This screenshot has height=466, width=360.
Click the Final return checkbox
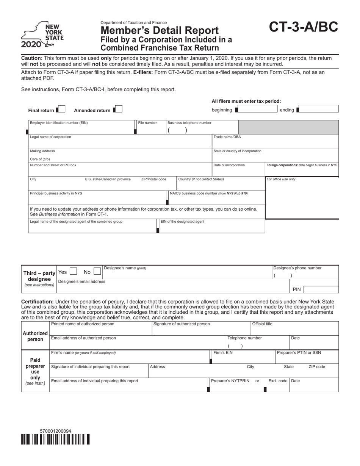pyautogui.click(x=62, y=109)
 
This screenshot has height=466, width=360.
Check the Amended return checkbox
pyautogui.click(x=118, y=109)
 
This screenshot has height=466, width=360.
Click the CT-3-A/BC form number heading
pyautogui.click(x=303, y=28)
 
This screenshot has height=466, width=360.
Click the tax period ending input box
pyautogui.click(x=319, y=109)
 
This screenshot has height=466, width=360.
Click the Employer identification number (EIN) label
pyautogui.click(x=59, y=123)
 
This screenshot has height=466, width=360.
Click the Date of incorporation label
pyautogui.click(x=229, y=165)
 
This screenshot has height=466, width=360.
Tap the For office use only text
pyautogui.click(x=281, y=179)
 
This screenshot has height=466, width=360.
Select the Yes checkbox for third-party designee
pyautogui.click(x=74, y=271)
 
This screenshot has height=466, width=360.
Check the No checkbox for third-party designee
pyautogui.click(x=97, y=271)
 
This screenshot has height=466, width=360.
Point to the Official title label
pyautogui.click(x=262, y=324)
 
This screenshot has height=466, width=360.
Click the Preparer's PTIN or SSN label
pyautogui.click(x=299, y=353)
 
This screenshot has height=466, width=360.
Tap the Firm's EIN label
pyautogui.click(x=223, y=353)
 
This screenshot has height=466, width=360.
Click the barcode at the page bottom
pyautogui.click(x=56, y=439)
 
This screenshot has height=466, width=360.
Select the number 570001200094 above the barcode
pyautogui.click(x=55, y=431)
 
